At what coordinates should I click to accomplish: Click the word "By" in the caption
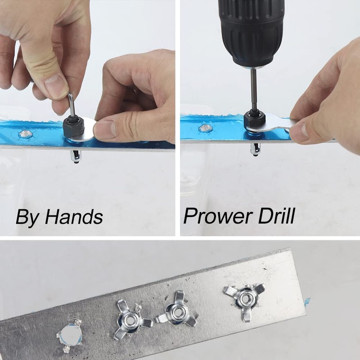[27, 217]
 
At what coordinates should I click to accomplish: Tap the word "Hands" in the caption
[74, 216]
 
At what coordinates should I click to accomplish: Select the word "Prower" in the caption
[218, 216]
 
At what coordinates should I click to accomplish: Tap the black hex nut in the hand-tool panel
[72, 128]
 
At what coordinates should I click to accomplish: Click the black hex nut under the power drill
[255, 120]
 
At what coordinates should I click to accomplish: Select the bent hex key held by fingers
[72, 105]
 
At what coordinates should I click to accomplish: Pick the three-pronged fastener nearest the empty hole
[131, 320]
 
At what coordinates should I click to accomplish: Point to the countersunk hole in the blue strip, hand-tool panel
[26, 134]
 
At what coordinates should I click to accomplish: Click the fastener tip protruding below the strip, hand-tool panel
[75, 157]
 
